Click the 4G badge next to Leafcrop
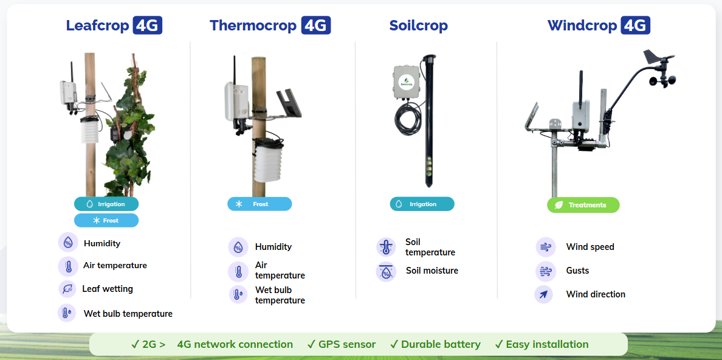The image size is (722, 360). coord(147,26)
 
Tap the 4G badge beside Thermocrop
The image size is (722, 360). coord(316,26)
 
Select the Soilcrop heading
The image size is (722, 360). coord(418,26)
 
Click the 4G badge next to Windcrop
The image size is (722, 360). coord(636,26)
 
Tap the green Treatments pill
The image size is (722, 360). coord(583,205)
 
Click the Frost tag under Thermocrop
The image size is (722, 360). coord(260,204)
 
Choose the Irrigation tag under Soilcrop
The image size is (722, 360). coord(422,204)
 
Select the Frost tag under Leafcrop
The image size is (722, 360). coord(106,220)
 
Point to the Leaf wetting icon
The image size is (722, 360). coord(67,289)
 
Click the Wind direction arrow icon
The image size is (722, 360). coord(543,294)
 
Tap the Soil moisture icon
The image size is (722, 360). coord(386,271)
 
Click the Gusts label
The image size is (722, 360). coord(577,271)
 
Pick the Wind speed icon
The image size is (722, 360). coord(545,247)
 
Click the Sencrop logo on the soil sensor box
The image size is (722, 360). coord(404,81)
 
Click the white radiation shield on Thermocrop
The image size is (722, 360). coord(268,159)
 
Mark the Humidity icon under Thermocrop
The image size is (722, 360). coord(238,247)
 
